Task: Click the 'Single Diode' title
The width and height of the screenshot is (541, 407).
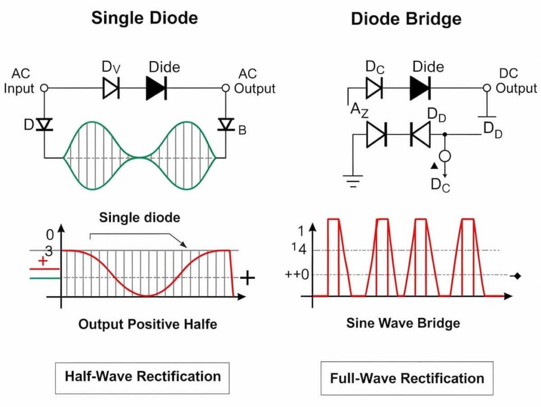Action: click(144, 18)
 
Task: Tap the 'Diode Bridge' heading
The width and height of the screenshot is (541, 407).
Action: click(406, 19)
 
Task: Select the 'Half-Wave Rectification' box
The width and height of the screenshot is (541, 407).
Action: click(142, 377)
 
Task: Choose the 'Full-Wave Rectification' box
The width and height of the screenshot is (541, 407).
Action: click(407, 378)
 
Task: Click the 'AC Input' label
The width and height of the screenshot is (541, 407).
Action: click(19, 80)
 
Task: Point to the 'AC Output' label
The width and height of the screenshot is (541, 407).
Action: click(254, 80)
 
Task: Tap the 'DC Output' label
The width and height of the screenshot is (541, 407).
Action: click(516, 80)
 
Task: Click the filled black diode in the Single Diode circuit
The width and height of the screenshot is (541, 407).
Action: click(156, 89)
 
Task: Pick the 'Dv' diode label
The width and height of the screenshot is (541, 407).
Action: click(111, 68)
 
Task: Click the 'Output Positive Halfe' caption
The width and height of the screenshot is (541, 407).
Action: click(147, 324)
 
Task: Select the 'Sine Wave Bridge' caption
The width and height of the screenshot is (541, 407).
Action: click(403, 323)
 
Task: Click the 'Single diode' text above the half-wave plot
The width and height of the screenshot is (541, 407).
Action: click(139, 217)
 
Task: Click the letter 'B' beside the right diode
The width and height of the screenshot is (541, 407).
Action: click(242, 129)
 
